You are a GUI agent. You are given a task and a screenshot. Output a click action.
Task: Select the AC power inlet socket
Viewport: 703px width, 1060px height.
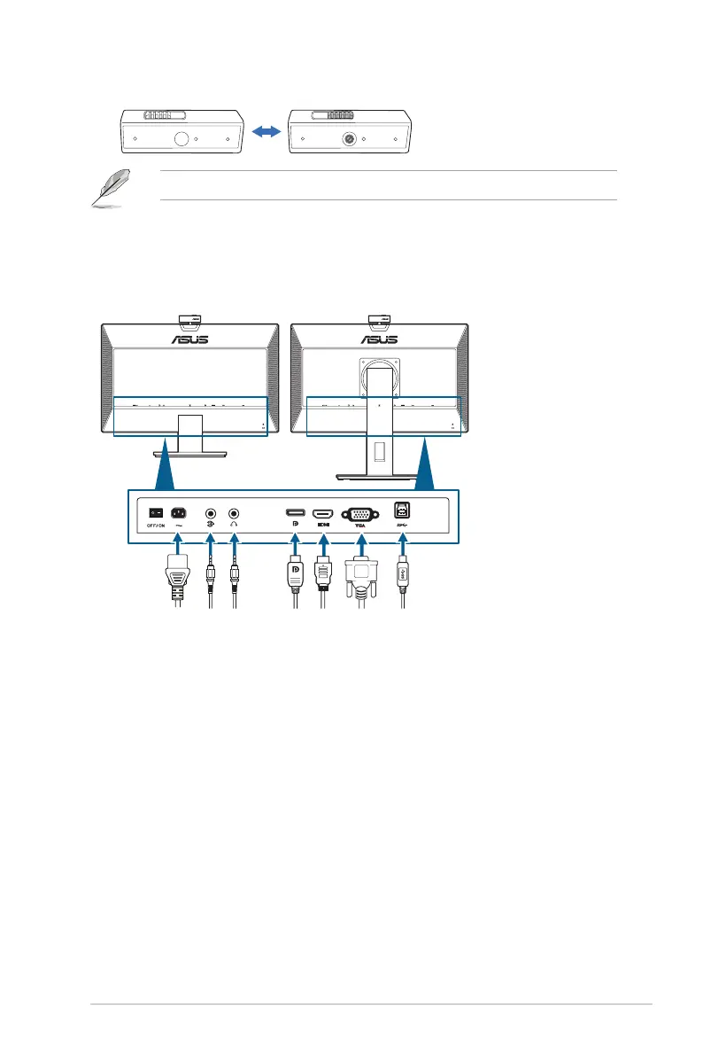pos(177,511)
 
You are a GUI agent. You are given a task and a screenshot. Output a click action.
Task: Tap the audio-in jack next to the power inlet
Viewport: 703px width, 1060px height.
pos(210,512)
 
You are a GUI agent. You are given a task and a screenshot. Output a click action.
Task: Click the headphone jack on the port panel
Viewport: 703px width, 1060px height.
pos(234,512)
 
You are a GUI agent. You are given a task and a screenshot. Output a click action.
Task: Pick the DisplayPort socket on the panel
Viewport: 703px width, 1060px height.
pos(294,512)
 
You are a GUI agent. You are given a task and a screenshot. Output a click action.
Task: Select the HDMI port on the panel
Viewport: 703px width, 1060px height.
pos(324,512)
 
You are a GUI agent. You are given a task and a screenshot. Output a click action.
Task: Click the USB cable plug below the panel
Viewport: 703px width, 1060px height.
pos(402,573)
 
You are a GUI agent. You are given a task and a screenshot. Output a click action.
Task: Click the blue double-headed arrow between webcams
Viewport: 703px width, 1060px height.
pos(266,131)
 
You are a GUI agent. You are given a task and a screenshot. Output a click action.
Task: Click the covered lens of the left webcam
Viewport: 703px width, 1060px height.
pos(182,139)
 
